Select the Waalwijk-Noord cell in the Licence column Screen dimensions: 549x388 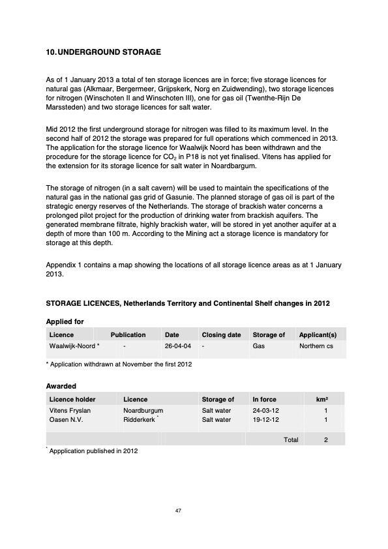click(74, 346)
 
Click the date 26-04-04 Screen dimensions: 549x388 click(178, 346)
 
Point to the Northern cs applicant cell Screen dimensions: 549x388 click(316, 346)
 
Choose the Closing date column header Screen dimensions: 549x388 click(221, 334)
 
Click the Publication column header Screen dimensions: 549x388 click(128, 334)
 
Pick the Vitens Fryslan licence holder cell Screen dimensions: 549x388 click(70, 411)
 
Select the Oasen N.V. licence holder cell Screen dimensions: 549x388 click(67, 420)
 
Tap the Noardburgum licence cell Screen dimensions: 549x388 click(143, 411)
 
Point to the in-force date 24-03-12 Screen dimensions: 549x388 click(265, 411)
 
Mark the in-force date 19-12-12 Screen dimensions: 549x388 click(265, 420)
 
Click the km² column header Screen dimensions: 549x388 click(321, 399)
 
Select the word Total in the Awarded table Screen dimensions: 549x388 click(291, 440)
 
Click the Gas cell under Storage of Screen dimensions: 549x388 click(258, 346)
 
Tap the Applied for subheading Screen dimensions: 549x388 click(65, 321)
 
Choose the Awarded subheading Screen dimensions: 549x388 click(61, 386)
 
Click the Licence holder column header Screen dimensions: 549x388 click(72, 399)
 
